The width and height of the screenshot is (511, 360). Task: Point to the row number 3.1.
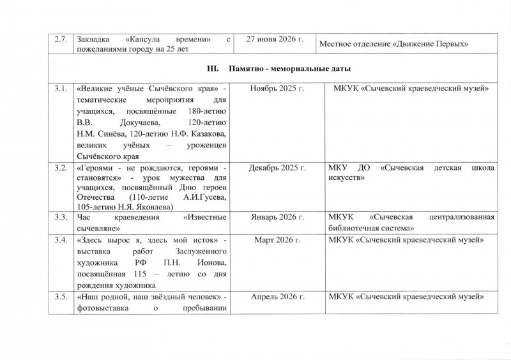(62, 88)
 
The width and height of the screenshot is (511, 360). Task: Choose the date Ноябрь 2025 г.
(277, 88)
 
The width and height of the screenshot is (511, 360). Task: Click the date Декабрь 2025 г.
(277, 168)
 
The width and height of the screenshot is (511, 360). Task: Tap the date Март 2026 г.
(277, 239)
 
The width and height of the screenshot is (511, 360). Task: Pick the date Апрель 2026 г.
(277, 297)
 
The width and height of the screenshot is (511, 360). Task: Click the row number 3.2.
(62, 168)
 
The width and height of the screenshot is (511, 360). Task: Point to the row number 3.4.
(62, 239)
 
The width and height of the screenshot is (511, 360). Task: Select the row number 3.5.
(62, 297)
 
